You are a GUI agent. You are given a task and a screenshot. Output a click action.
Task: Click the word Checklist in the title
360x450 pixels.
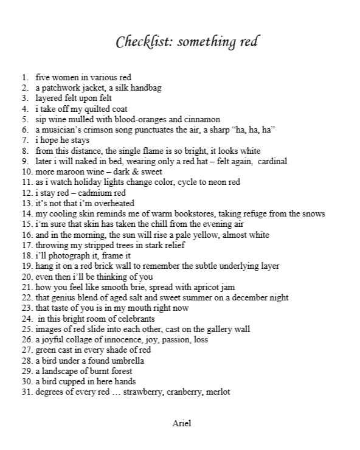[x=138, y=43]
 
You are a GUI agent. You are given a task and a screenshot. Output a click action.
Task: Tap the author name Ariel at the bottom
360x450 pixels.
[x=181, y=423]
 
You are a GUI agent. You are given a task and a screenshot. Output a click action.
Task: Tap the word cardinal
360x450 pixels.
[x=272, y=161]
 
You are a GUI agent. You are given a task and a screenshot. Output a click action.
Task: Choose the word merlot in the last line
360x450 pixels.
[x=218, y=392]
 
